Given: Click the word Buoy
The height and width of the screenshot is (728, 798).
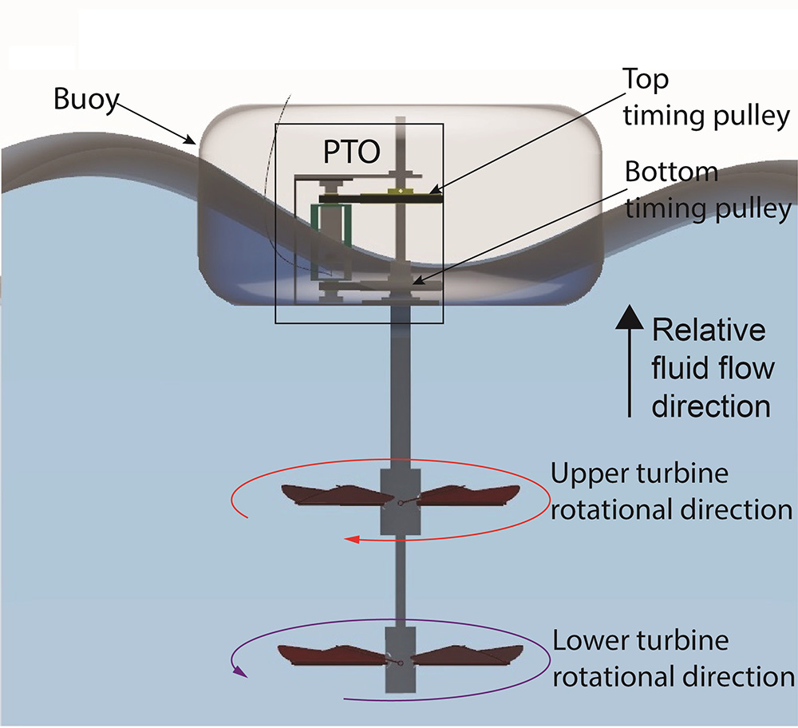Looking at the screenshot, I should (x=85, y=100).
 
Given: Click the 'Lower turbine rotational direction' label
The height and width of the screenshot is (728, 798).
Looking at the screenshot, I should (x=673, y=659).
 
